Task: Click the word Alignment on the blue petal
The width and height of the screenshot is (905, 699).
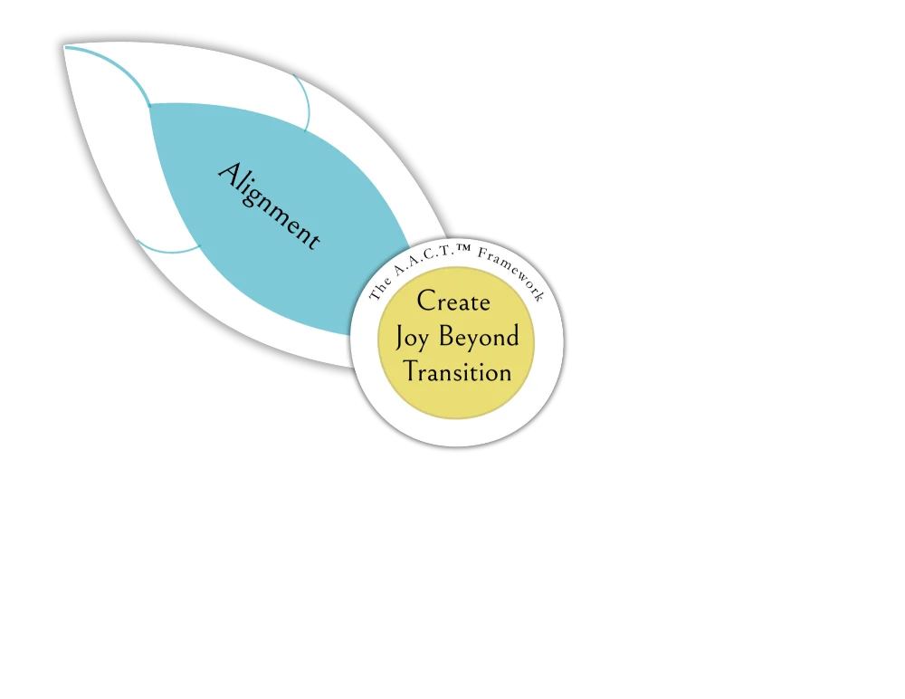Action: coord(269,206)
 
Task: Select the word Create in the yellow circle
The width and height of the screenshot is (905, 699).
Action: coord(453,302)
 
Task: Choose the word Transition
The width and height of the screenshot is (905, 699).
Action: coord(457,372)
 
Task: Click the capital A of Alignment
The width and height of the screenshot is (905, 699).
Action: coord(228,172)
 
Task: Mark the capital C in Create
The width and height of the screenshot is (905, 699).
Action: coord(426,302)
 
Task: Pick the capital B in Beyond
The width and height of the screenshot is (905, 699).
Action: coord(446,337)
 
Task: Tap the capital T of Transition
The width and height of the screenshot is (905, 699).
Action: coord(411,371)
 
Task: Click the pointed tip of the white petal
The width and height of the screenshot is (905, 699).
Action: coord(65,46)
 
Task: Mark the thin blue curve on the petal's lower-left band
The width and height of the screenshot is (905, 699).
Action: coord(167,250)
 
